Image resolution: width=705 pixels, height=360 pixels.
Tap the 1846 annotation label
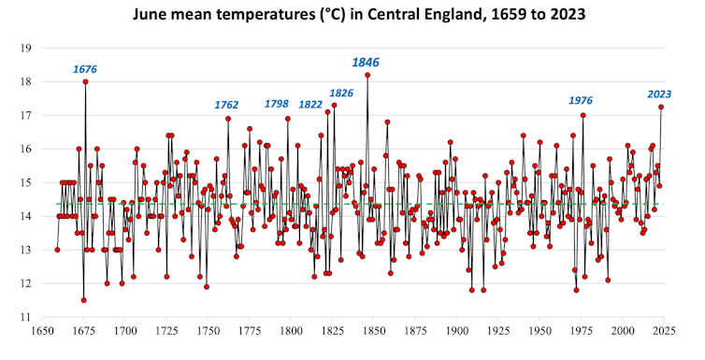366,62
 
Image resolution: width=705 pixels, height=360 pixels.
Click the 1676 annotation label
85,69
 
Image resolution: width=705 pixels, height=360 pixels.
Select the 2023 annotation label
660,94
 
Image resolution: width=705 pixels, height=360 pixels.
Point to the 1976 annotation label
581,101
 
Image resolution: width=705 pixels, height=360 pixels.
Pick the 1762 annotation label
226,105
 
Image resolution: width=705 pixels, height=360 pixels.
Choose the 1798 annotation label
277,104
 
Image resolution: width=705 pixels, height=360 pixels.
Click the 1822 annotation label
310,105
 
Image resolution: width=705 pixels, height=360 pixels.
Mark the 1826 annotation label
341,93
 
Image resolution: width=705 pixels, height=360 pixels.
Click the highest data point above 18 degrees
367,75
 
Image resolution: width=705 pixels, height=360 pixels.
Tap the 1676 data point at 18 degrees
85,81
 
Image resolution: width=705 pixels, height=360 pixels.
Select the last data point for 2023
661,107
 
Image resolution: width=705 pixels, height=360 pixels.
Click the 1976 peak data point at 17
583,115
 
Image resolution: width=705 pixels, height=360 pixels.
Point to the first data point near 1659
57,250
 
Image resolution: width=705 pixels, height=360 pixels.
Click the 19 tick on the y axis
26,48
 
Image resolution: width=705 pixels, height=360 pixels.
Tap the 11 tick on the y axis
26,317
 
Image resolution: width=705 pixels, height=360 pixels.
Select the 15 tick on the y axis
26,182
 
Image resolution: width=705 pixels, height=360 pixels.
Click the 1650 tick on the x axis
41,330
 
